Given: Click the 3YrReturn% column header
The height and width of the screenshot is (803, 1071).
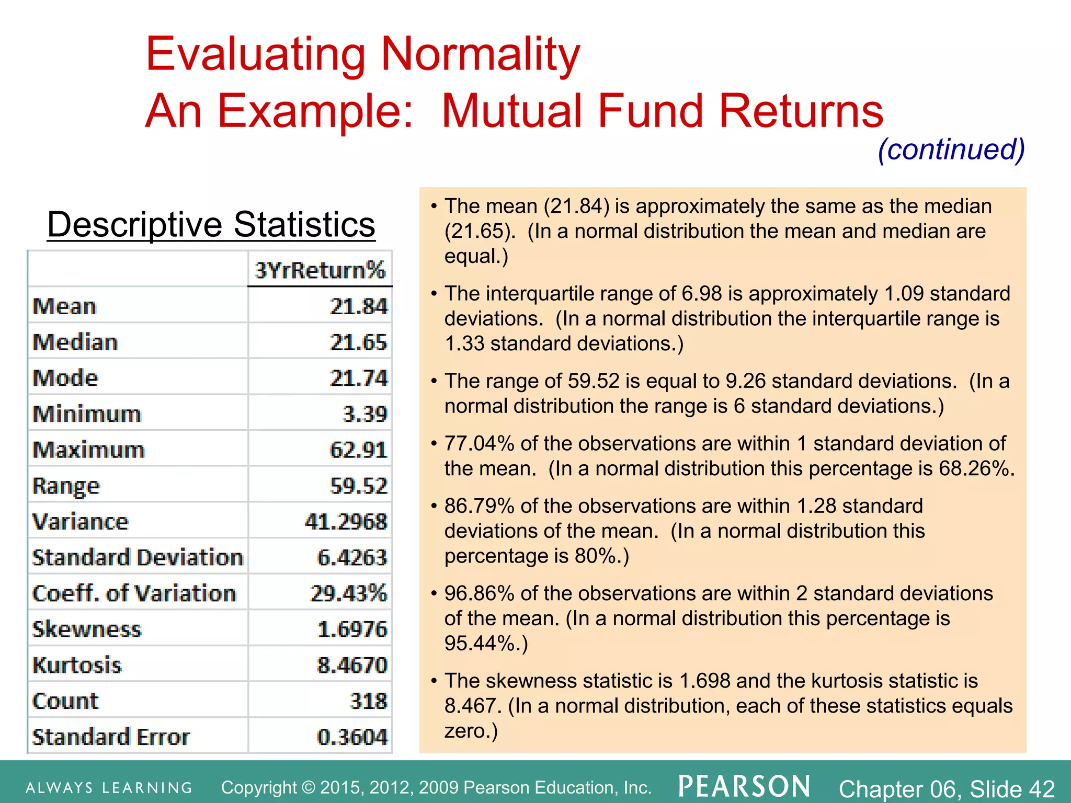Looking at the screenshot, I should (x=320, y=270).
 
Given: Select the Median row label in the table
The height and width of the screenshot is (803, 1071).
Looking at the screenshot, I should (x=75, y=342).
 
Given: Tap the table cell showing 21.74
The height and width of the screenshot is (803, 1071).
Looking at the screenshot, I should (x=359, y=378).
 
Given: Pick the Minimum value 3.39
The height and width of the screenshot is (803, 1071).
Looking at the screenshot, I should (x=365, y=414).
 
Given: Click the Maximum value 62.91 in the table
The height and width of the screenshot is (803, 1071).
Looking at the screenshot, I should (x=359, y=450).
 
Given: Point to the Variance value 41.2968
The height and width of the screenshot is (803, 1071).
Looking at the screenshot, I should (x=346, y=522).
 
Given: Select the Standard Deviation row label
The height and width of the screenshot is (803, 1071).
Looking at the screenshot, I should (x=138, y=557).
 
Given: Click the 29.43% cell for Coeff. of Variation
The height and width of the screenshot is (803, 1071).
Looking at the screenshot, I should (x=348, y=593).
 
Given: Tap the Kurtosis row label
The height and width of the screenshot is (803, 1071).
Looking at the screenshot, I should (x=77, y=665).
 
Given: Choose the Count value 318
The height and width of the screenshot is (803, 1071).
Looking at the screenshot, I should (x=369, y=701).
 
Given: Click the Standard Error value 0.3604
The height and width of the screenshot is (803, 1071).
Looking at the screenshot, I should (x=352, y=737).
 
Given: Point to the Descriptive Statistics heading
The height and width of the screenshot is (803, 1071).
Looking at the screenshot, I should (x=211, y=225).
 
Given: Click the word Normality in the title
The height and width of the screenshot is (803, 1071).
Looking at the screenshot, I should (x=481, y=54).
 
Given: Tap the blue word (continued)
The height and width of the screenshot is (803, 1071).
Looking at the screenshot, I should (x=951, y=150).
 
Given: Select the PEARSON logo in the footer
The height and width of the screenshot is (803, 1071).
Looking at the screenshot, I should (x=745, y=786).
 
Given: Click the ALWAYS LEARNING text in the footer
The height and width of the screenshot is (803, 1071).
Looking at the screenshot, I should (x=109, y=788).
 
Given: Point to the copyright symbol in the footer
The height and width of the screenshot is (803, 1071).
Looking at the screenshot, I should (x=309, y=787).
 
